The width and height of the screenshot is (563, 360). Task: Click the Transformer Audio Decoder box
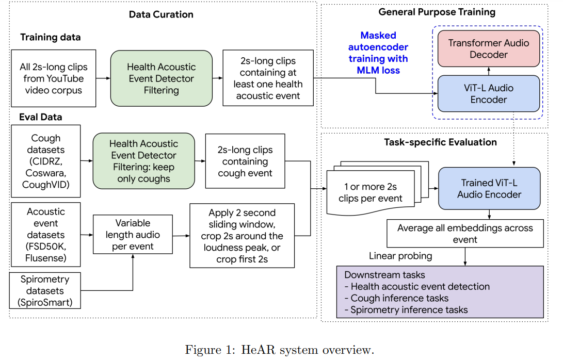(x=489, y=48)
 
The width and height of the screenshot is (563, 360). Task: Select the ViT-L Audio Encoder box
(x=489, y=94)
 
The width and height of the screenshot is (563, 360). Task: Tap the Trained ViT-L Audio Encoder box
(x=489, y=188)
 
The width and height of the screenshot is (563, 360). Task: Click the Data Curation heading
(x=161, y=14)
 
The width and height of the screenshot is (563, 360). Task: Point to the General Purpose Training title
(x=437, y=12)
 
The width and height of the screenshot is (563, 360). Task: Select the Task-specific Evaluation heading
(x=440, y=142)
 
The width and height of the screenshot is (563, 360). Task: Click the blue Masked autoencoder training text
(x=378, y=53)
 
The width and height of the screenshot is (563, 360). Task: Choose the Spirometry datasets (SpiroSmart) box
(x=45, y=291)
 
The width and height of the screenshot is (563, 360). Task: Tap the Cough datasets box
(x=45, y=161)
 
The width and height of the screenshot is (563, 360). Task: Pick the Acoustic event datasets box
(x=45, y=235)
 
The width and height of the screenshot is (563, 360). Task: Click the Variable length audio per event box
(x=133, y=234)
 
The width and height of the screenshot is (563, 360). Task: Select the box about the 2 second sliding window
(x=242, y=236)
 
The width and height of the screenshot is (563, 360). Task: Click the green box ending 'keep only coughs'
(x=143, y=161)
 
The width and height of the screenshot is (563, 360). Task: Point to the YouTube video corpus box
(x=54, y=78)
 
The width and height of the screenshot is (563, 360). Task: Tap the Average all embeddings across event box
(x=465, y=234)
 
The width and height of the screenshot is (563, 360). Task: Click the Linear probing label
(x=400, y=256)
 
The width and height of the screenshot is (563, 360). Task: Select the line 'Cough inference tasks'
(x=396, y=298)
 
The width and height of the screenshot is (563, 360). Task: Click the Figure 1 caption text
(x=279, y=350)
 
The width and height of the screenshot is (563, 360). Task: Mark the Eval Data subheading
(x=41, y=117)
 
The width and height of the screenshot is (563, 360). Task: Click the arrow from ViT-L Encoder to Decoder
(x=489, y=71)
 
